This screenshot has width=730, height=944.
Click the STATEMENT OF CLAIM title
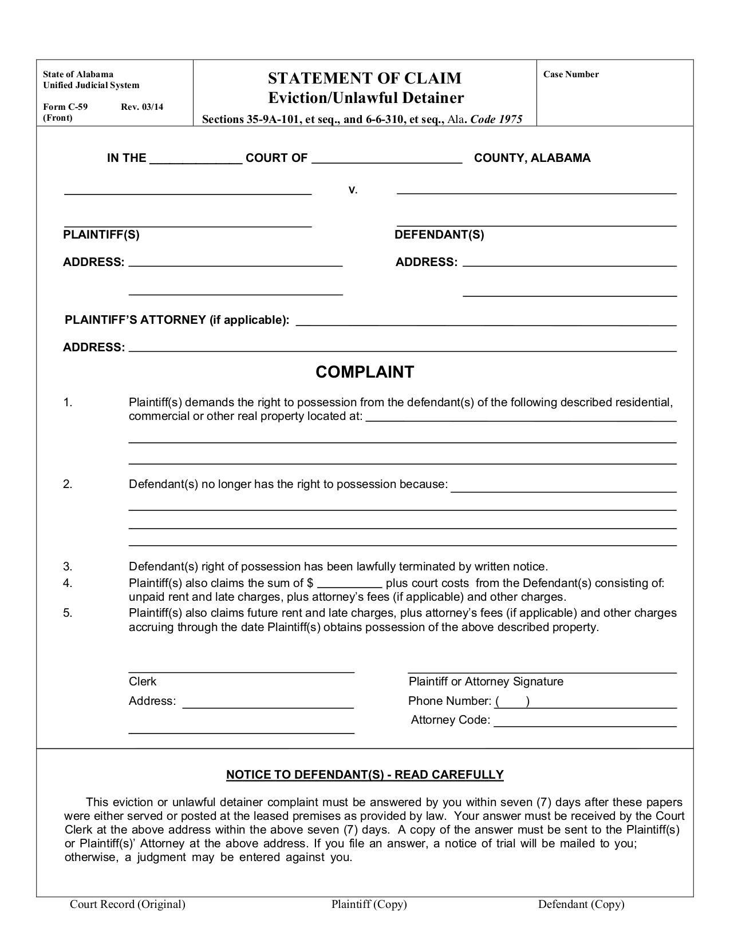pos(365,78)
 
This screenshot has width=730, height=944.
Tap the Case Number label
pos(571,74)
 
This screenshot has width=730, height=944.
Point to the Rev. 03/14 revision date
pos(142,106)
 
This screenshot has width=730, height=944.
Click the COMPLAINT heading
pos(365,372)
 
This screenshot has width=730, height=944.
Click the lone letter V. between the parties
pos(353,191)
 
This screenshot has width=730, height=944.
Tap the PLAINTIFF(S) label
pos(101,235)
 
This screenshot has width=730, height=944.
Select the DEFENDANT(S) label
pos(439,235)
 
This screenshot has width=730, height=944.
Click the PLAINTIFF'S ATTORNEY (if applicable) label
pos(177,320)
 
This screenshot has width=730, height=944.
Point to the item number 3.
pos(68,566)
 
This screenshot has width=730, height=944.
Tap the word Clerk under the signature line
pos(143,681)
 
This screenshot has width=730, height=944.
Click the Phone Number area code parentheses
pos(512,701)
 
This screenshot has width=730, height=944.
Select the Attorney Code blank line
pos(585,722)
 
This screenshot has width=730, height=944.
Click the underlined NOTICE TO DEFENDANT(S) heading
pos(365,775)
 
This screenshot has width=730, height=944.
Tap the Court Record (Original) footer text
pos(128,904)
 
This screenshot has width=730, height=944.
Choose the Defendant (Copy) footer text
pos(581,904)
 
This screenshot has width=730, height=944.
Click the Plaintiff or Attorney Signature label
pos(486,681)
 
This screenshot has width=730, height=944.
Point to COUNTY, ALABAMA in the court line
pos(532,158)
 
